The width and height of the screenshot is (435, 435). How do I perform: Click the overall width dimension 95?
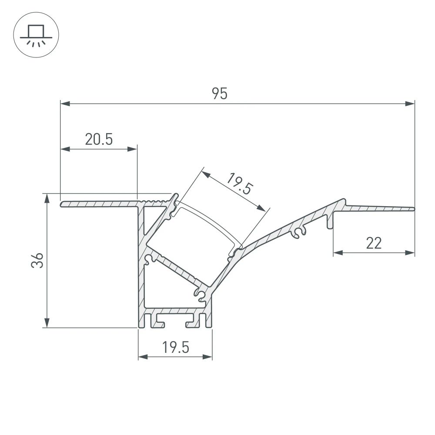click(x=220, y=94)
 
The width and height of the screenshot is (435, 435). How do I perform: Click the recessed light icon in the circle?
click(x=36, y=36)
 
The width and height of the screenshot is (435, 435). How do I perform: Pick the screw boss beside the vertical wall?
click(x=149, y=259)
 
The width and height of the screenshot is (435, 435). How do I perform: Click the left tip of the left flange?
click(x=62, y=204)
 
